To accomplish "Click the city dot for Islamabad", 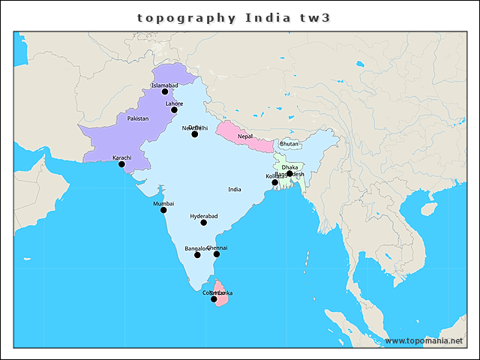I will (x=165, y=92).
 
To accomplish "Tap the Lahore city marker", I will (x=174, y=110).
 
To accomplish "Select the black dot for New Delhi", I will (x=195, y=134).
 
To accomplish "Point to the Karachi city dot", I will (x=121, y=164).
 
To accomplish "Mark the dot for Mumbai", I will (x=163, y=210).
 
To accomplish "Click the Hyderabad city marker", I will (x=204, y=223).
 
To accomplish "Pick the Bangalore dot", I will (x=197, y=255).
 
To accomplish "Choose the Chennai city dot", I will (x=217, y=254).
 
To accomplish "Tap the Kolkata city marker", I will (x=274, y=182).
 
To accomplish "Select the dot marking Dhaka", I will (x=289, y=173).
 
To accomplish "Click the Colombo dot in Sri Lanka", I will (x=214, y=299).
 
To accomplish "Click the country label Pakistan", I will (x=138, y=118).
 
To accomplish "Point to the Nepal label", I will (x=245, y=136).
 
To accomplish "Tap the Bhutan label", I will (x=289, y=143).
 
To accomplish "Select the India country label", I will (x=235, y=190).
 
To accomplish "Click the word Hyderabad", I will (x=204, y=216).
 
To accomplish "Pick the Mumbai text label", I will (x=163, y=203).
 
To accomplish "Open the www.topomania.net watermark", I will (x=424, y=340).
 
